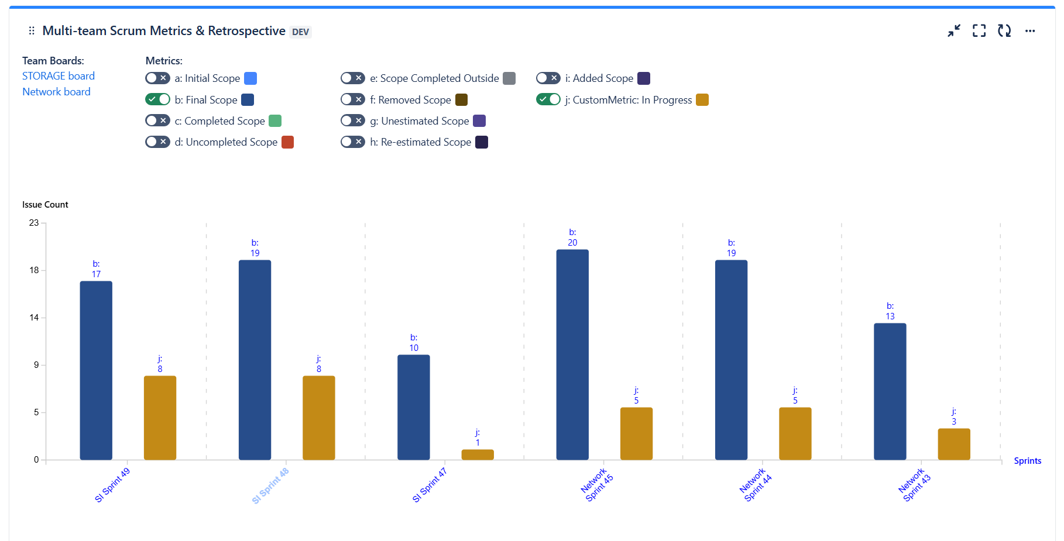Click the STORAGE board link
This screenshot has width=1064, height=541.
(59, 76)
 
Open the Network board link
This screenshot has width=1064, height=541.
(56, 92)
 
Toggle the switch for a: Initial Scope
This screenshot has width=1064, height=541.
(157, 78)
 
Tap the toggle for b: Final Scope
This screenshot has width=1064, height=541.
(157, 99)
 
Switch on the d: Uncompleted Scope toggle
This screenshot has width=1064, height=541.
(157, 142)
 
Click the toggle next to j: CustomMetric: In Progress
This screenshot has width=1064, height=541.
(548, 99)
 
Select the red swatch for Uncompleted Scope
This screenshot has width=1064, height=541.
(287, 142)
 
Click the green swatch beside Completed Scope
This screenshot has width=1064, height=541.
(275, 121)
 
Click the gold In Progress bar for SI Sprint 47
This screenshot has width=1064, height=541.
(478, 454)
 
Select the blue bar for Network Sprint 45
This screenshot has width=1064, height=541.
(572, 354)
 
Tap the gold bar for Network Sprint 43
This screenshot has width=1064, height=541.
(954, 444)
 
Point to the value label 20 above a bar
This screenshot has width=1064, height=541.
(572, 243)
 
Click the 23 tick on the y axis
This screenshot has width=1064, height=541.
(34, 223)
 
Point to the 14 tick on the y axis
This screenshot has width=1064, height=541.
(34, 318)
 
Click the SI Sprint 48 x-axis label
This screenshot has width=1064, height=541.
(270, 485)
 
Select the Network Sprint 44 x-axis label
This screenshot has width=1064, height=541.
(756, 484)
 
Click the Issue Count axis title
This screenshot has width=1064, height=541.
(45, 205)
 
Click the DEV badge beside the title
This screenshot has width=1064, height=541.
(300, 32)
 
